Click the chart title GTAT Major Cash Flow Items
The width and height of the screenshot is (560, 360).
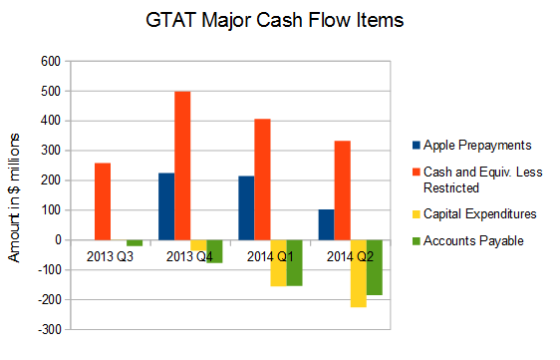pos(279,19)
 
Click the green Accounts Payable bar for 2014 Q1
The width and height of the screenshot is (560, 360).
pos(294,263)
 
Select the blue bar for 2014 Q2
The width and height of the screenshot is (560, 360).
pos(326,224)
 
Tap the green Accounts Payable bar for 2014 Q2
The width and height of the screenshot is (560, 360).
pos(374,267)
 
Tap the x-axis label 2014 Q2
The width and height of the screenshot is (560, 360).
pos(350,256)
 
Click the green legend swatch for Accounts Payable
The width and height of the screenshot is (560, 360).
pos(416,241)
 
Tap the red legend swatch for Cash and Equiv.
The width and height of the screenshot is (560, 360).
pos(416,173)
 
